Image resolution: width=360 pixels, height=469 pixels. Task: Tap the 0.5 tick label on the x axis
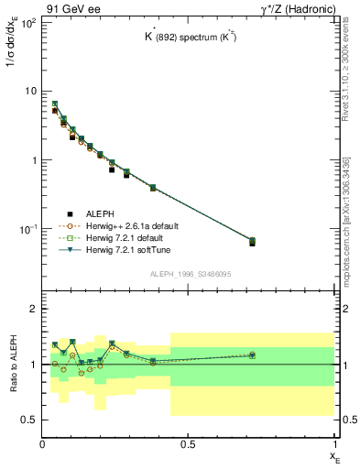click(189, 444)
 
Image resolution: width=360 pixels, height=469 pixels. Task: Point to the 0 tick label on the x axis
click(43, 444)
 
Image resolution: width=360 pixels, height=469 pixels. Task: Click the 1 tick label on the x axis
click(334, 444)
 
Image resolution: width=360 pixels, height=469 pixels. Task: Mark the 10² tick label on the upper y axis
click(27, 22)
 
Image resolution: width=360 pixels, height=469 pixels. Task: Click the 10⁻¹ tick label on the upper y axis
click(27, 228)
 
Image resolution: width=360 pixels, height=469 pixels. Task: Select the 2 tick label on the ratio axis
click(34, 310)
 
